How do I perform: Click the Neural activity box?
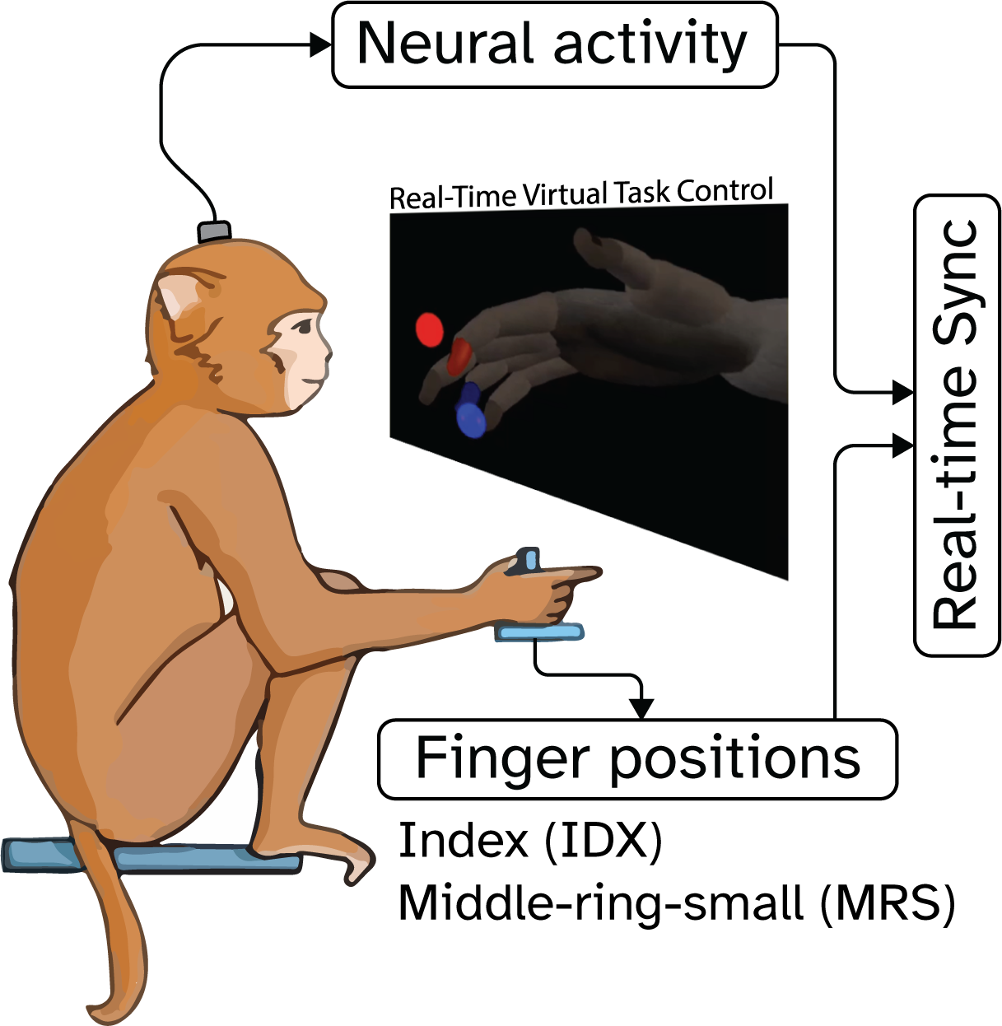coord(554,45)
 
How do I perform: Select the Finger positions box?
coord(637,759)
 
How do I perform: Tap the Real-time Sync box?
coord(957,426)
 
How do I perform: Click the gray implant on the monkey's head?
coord(214,231)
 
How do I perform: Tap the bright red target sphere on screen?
coord(429,330)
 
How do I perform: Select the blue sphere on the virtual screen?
coord(471,417)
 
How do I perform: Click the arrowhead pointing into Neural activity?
coord(319,45)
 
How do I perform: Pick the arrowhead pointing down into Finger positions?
coord(641,708)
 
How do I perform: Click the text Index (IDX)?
coord(529,842)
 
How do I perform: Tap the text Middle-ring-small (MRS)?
coord(676,903)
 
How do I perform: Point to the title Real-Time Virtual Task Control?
coord(581,194)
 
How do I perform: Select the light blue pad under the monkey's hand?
coord(539,632)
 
